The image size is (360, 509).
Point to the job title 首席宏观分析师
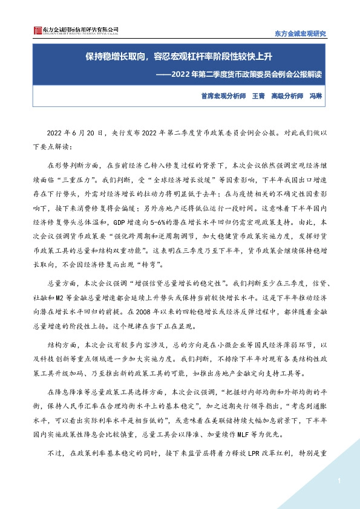point(221,96)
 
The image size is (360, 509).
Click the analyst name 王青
point(258,96)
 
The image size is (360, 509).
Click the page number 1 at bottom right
point(339,481)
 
